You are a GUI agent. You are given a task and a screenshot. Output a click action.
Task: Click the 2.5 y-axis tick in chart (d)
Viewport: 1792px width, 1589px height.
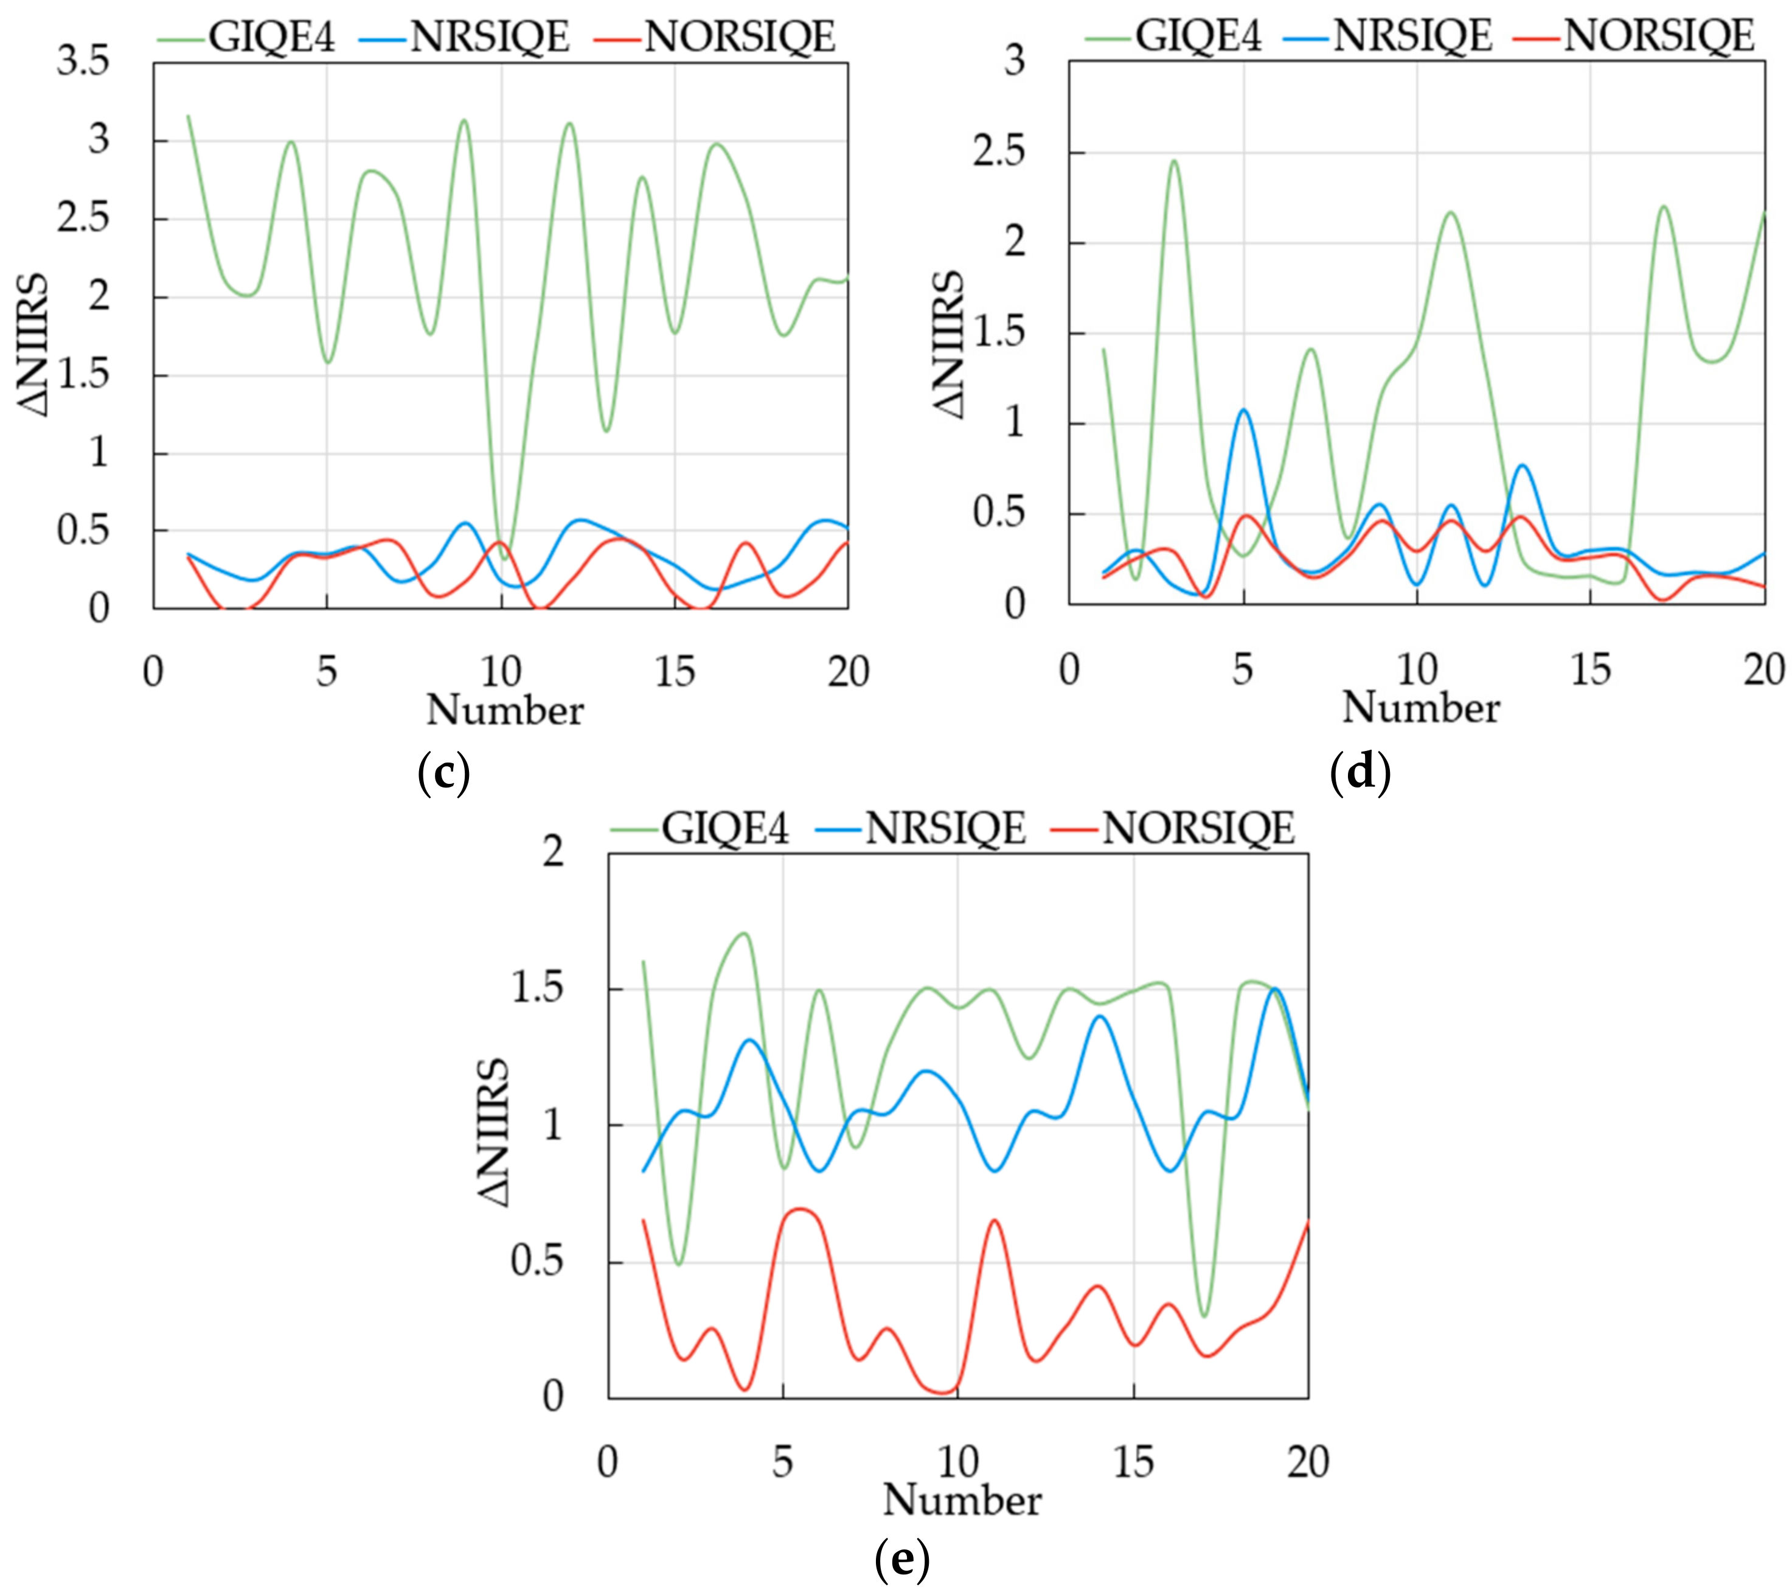999,152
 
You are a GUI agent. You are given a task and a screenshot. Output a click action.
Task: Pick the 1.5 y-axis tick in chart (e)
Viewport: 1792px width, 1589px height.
537,988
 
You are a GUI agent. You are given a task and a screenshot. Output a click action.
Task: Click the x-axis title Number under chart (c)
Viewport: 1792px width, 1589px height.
505,710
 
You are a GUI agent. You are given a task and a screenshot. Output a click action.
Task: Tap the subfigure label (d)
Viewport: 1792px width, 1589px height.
1360,772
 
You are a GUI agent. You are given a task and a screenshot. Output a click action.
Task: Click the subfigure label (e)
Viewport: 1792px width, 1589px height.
902,1557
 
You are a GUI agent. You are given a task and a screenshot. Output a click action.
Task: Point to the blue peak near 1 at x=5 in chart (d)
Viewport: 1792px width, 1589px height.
1243,410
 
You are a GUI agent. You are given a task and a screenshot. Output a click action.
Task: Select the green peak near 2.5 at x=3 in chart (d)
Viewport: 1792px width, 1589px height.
1173,161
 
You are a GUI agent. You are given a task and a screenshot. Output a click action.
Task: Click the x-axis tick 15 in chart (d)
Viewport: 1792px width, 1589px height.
1591,671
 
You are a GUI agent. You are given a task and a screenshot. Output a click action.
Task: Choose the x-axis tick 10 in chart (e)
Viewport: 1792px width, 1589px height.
957,1462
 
